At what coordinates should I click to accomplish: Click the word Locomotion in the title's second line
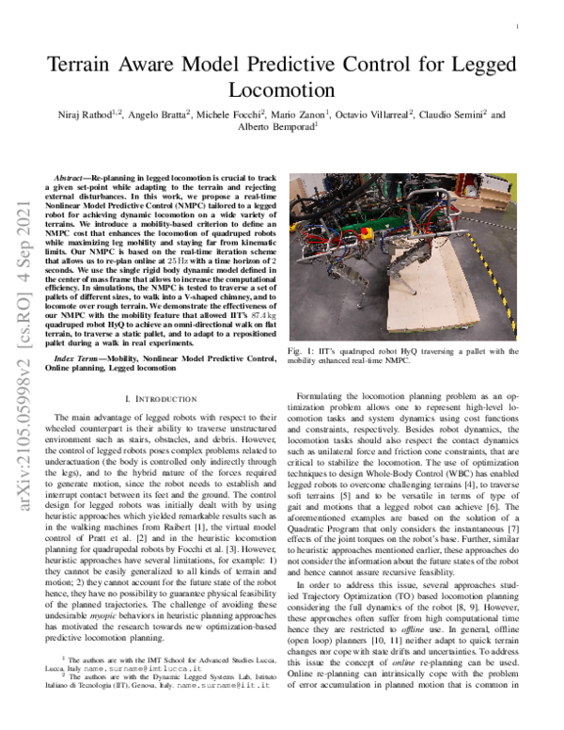(281, 91)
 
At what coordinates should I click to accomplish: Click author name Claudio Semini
(454, 116)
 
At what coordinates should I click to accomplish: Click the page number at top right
(518, 27)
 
